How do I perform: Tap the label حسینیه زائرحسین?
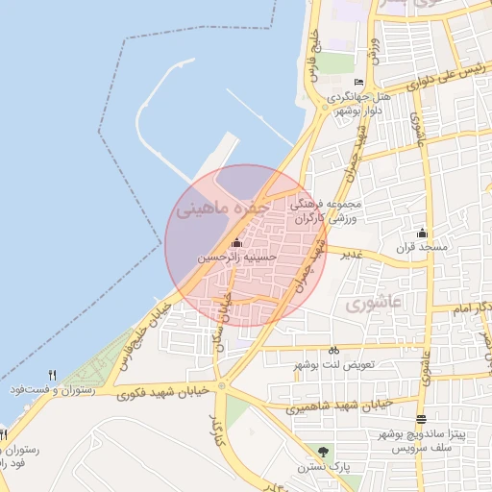(237, 258)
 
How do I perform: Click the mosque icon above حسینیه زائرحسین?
(237, 243)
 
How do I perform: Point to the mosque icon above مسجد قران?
(422, 233)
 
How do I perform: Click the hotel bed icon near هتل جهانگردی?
(359, 83)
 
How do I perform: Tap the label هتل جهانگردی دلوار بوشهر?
(358, 104)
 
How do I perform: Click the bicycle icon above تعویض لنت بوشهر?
(333, 351)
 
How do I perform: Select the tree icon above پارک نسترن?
(323, 452)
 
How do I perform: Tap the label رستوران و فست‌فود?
(51, 390)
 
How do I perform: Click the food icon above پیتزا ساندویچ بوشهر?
(422, 419)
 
